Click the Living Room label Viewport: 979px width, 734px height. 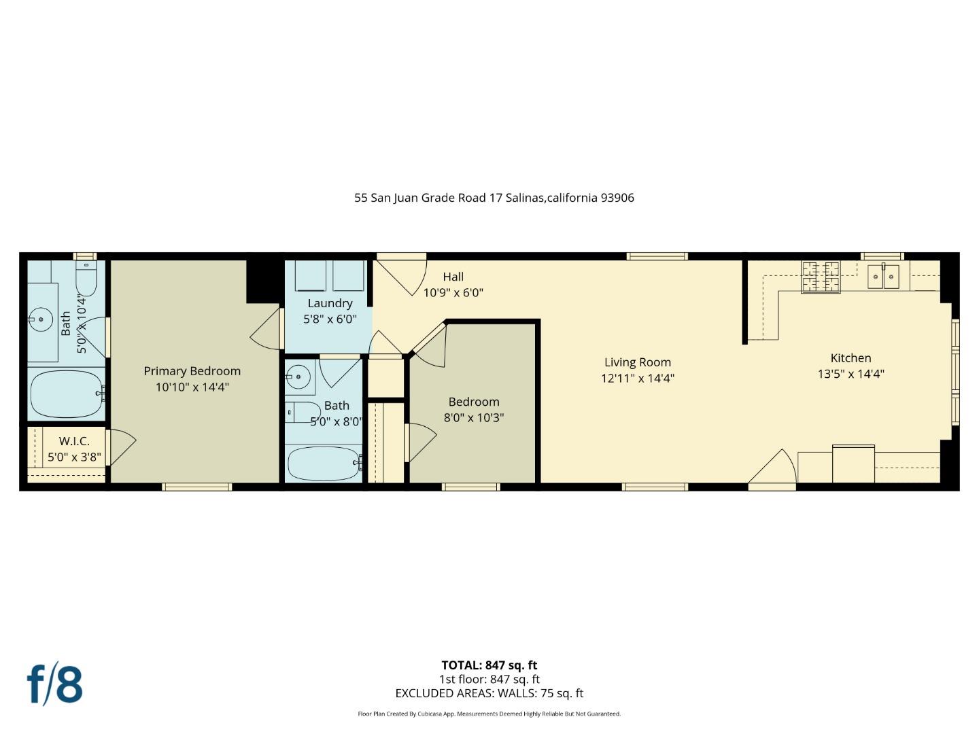coord(637,362)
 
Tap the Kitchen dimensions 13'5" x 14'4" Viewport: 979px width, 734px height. coord(851,374)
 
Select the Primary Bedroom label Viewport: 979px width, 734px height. coord(192,371)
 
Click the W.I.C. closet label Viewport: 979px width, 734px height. coord(74,441)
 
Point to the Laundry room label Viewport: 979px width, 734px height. coord(330,303)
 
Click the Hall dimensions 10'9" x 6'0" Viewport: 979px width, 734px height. coord(453,293)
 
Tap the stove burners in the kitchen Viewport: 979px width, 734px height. coord(821,277)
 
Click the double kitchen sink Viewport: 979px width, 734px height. coord(883,277)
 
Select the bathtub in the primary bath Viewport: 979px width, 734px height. coord(66,394)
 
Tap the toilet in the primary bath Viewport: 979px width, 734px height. coord(86,280)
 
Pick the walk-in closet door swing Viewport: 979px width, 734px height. coord(122,445)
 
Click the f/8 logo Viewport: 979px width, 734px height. coord(55,684)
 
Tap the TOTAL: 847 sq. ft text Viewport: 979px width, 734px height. coord(489,665)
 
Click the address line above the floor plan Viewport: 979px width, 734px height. coord(494,198)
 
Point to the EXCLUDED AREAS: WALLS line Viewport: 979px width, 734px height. coord(489,693)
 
